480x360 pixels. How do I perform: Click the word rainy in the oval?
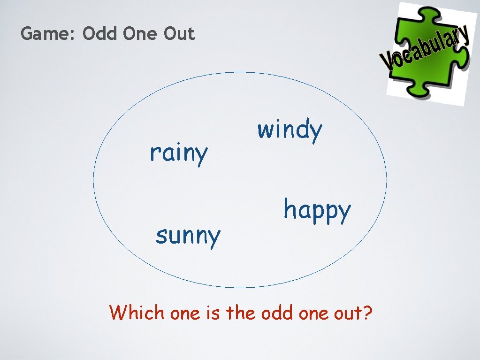(178, 153)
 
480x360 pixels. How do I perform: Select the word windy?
(290, 130)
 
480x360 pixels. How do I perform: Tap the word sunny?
(188, 235)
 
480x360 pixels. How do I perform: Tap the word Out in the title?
(179, 34)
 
